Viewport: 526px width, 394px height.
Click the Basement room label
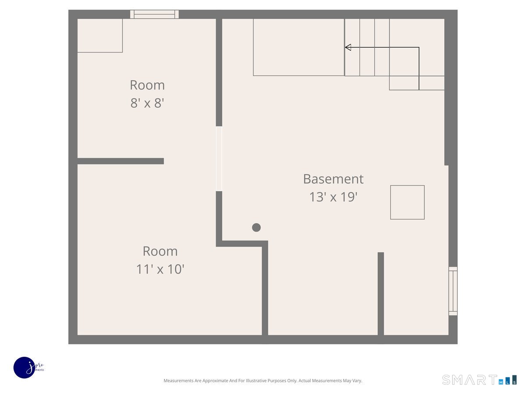pos(333,179)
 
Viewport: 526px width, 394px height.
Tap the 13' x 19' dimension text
pos(333,197)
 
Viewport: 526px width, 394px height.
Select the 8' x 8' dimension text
pos(147,103)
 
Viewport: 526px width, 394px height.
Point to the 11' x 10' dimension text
pos(160,269)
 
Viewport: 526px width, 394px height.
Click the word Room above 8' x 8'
pos(147,85)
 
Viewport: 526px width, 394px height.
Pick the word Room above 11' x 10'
pos(160,251)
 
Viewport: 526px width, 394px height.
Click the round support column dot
pos(256,228)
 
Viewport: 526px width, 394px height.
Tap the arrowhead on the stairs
pos(348,47)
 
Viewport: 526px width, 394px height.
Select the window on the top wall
pos(154,14)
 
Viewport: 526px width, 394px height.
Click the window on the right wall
pos(453,291)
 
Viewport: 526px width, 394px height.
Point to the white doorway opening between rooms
pos(219,159)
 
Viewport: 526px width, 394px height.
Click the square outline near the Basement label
pos(407,202)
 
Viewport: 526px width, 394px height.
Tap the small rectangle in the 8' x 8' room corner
pos(100,35)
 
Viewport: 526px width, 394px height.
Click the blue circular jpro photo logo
pos(25,368)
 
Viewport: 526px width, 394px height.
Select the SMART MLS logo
pos(479,380)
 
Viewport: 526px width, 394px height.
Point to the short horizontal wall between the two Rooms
pos(121,161)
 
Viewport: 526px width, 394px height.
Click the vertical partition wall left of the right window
pos(381,294)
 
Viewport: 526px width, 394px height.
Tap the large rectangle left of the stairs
pos(299,47)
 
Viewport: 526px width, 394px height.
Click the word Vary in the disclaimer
pos(357,380)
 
